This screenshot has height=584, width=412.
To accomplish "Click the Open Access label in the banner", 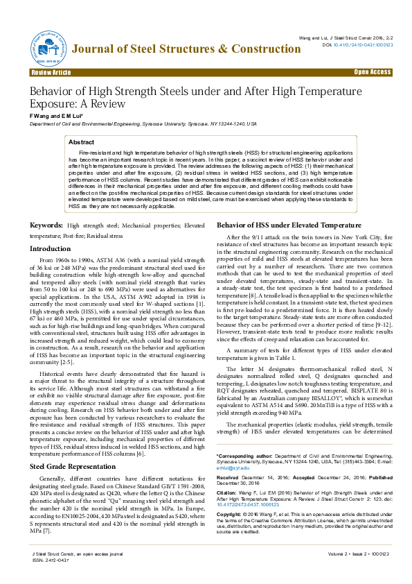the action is pyautogui.click(x=373, y=72).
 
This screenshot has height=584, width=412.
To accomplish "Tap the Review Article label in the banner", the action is pyautogui.click(x=50, y=72).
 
